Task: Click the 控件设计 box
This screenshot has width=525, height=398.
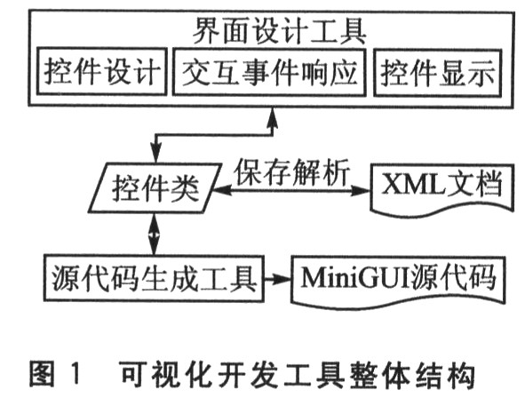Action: [102, 72]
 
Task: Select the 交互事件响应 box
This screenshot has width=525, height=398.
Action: [269, 72]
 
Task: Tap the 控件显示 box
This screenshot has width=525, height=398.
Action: [438, 73]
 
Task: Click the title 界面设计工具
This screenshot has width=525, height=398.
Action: [279, 31]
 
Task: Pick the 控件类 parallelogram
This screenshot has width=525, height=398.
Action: [155, 187]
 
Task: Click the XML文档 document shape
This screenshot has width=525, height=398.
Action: [442, 189]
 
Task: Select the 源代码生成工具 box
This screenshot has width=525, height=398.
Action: [154, 278]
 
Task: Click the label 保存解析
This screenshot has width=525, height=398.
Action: [291, 172]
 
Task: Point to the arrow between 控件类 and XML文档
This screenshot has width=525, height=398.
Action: [291, 191]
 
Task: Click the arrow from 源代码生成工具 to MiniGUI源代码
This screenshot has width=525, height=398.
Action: [277, 278]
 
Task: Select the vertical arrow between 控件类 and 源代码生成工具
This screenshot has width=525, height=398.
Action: [154, 235]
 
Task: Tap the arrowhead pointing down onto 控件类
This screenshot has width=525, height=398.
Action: [155, 154]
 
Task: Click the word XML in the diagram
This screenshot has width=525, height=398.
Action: [414, 184]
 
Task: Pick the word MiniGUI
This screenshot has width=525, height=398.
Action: [355, 278]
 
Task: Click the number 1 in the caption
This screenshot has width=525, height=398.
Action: [76, 373]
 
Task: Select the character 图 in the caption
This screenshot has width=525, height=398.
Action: [42, 373]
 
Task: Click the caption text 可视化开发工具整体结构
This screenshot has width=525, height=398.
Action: [298, 373]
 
